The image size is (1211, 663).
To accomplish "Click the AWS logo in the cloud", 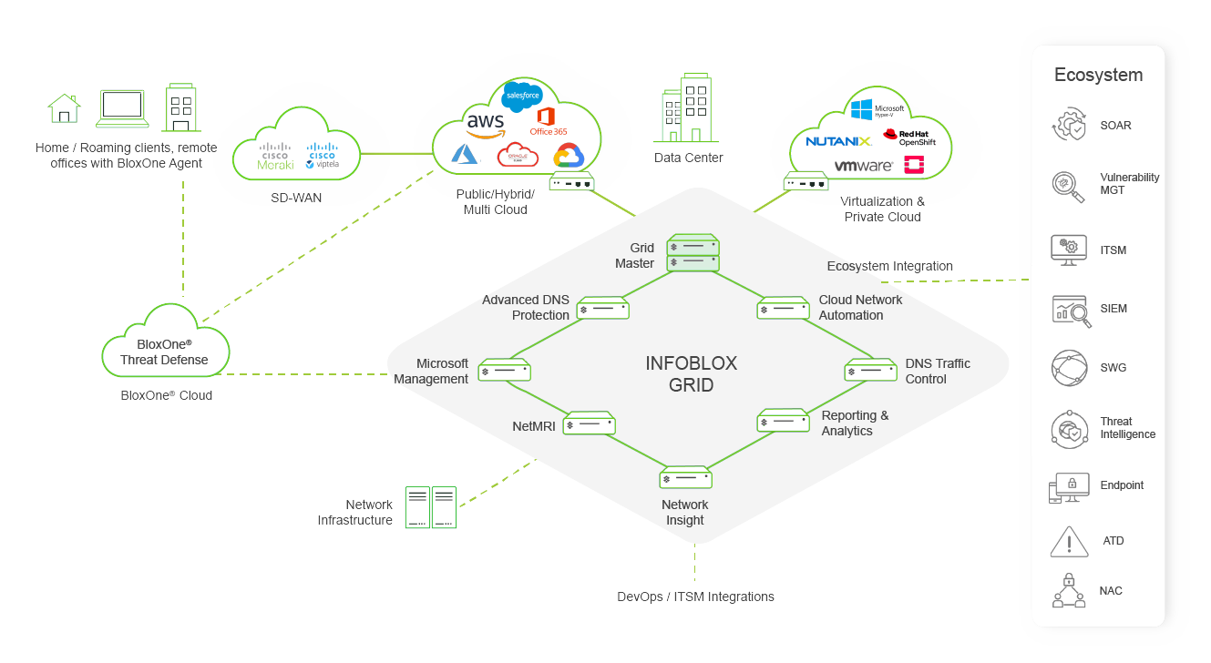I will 485,124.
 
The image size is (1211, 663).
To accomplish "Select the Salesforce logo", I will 522,96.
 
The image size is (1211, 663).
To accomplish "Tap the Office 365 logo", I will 548,121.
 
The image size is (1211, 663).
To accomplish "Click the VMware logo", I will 863,166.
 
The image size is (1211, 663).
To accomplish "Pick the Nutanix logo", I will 838,141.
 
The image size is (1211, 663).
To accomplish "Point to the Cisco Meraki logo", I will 275,156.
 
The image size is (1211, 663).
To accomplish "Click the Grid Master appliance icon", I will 693,253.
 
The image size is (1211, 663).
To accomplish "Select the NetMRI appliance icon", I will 589,423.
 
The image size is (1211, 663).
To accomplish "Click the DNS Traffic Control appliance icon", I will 871,370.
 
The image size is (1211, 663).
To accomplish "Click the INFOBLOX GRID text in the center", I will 691,373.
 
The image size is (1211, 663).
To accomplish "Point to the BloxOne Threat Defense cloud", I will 165,345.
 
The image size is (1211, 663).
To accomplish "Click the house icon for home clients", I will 64,108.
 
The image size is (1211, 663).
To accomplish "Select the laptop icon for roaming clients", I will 122,108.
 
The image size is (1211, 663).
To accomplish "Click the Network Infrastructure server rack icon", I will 430,507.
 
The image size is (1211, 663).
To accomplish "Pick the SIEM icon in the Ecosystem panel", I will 1070,310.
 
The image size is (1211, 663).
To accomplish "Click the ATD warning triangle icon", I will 1068,541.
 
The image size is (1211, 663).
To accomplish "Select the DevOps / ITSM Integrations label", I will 695,597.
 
